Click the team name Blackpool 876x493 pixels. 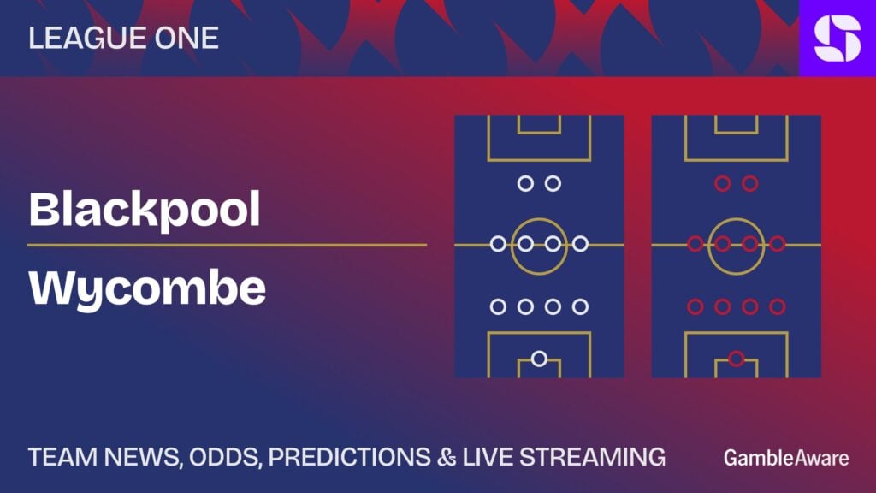tap(144, 211)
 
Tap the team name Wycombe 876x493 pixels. tap(147, 289)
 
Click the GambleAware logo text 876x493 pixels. tap(786, 459)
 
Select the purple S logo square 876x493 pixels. tap(838, 38)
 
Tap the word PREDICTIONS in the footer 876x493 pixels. tap(350, 457)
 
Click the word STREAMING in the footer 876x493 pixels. tap(592, 457)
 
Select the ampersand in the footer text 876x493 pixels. tap(447, 457)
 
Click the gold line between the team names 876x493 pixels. tap(228, 245)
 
